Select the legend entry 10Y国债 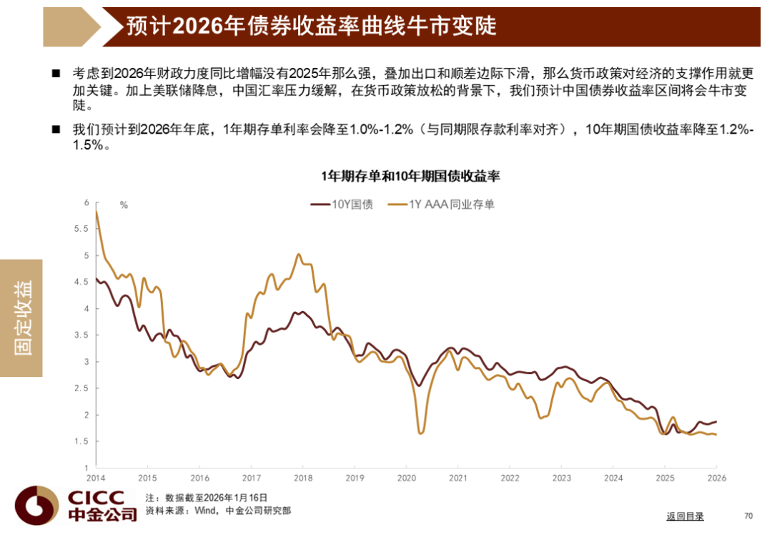coord(342,205)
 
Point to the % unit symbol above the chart coord(124,205)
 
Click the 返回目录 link coord(685,516)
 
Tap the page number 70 coord(748,516)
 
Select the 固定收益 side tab coord(22,318)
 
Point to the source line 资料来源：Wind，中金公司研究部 coord(217,511)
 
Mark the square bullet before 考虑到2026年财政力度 coord(56,74)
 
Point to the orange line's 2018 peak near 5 coord(299,255)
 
